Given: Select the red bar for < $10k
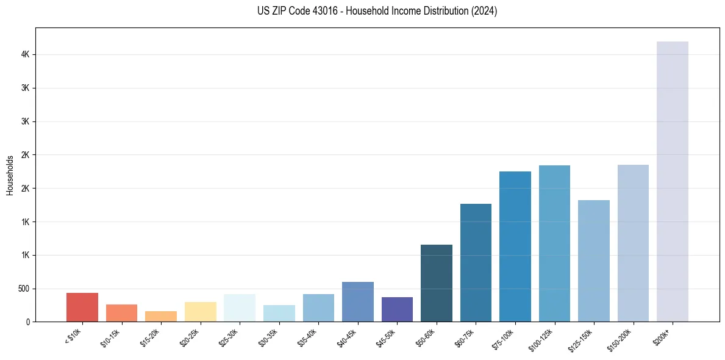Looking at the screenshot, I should (x=82, y=307).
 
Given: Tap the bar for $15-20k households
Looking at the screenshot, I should (x=161, y=316).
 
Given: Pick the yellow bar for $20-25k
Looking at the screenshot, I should (x=200, y=311).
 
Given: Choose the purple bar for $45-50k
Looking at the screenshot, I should (x=397, y=309).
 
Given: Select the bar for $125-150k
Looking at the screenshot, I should (x=593, y=261).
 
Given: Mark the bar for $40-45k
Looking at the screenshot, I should (x=357, y=301).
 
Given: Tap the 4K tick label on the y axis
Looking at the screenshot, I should (x=25, y=54).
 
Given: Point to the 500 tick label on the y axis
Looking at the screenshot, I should (x=23, y=289).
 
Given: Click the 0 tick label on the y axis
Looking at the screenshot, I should (x=28, y=322).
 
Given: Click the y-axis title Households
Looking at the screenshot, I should (x=10, y=175).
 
